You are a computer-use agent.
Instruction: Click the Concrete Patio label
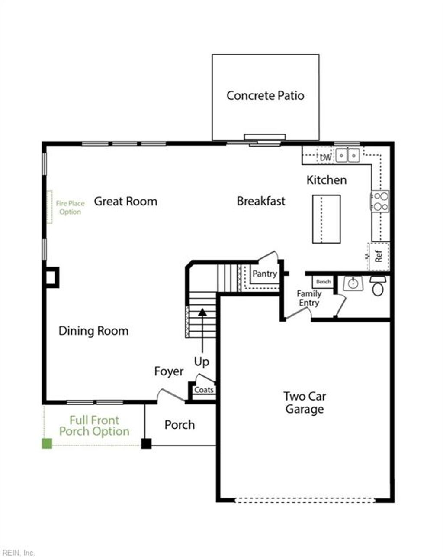[x=265, y=96]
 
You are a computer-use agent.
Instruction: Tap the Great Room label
[x=125, y=202]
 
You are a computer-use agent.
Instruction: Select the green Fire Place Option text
[x=70, y=208]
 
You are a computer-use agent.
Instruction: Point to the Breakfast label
[x=261, y=201]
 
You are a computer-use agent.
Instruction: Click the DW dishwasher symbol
[x=325, y=157]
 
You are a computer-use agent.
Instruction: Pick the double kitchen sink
[x=348, y=155]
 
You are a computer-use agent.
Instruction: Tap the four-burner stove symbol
[x=381, y=202]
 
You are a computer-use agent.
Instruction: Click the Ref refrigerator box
[x=379, y=256]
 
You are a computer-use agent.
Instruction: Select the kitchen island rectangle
[x=326, y=219]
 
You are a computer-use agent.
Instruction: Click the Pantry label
[x=264, y=274]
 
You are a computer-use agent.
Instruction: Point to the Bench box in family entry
[x=323, y=282]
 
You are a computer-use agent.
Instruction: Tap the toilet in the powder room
[x=378, y=287]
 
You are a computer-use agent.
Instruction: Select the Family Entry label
[x=309, y=298]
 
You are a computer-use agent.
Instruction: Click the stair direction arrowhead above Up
[x=202, y=311]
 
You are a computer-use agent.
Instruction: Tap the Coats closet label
[x=204, y=390]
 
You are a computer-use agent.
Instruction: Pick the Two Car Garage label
[x=305, y=403]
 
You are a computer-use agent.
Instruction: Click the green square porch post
[x=47, y=443]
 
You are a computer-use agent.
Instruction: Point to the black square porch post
[x=146, y=443]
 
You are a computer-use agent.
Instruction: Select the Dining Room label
[x=93, y=331]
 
